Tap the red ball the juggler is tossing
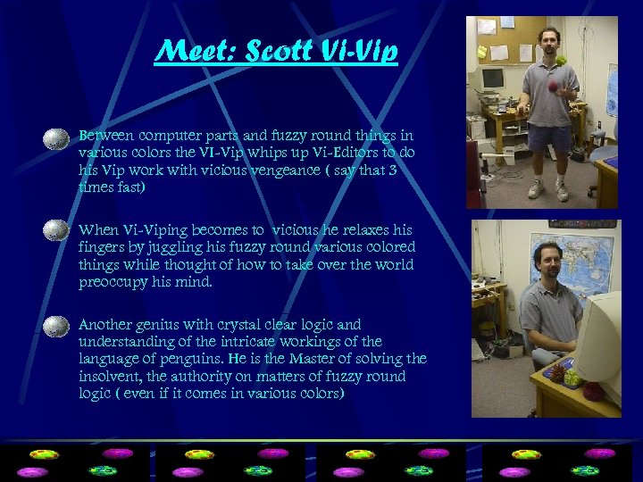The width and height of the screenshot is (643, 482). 554,86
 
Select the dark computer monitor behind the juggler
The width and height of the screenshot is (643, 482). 493,79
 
